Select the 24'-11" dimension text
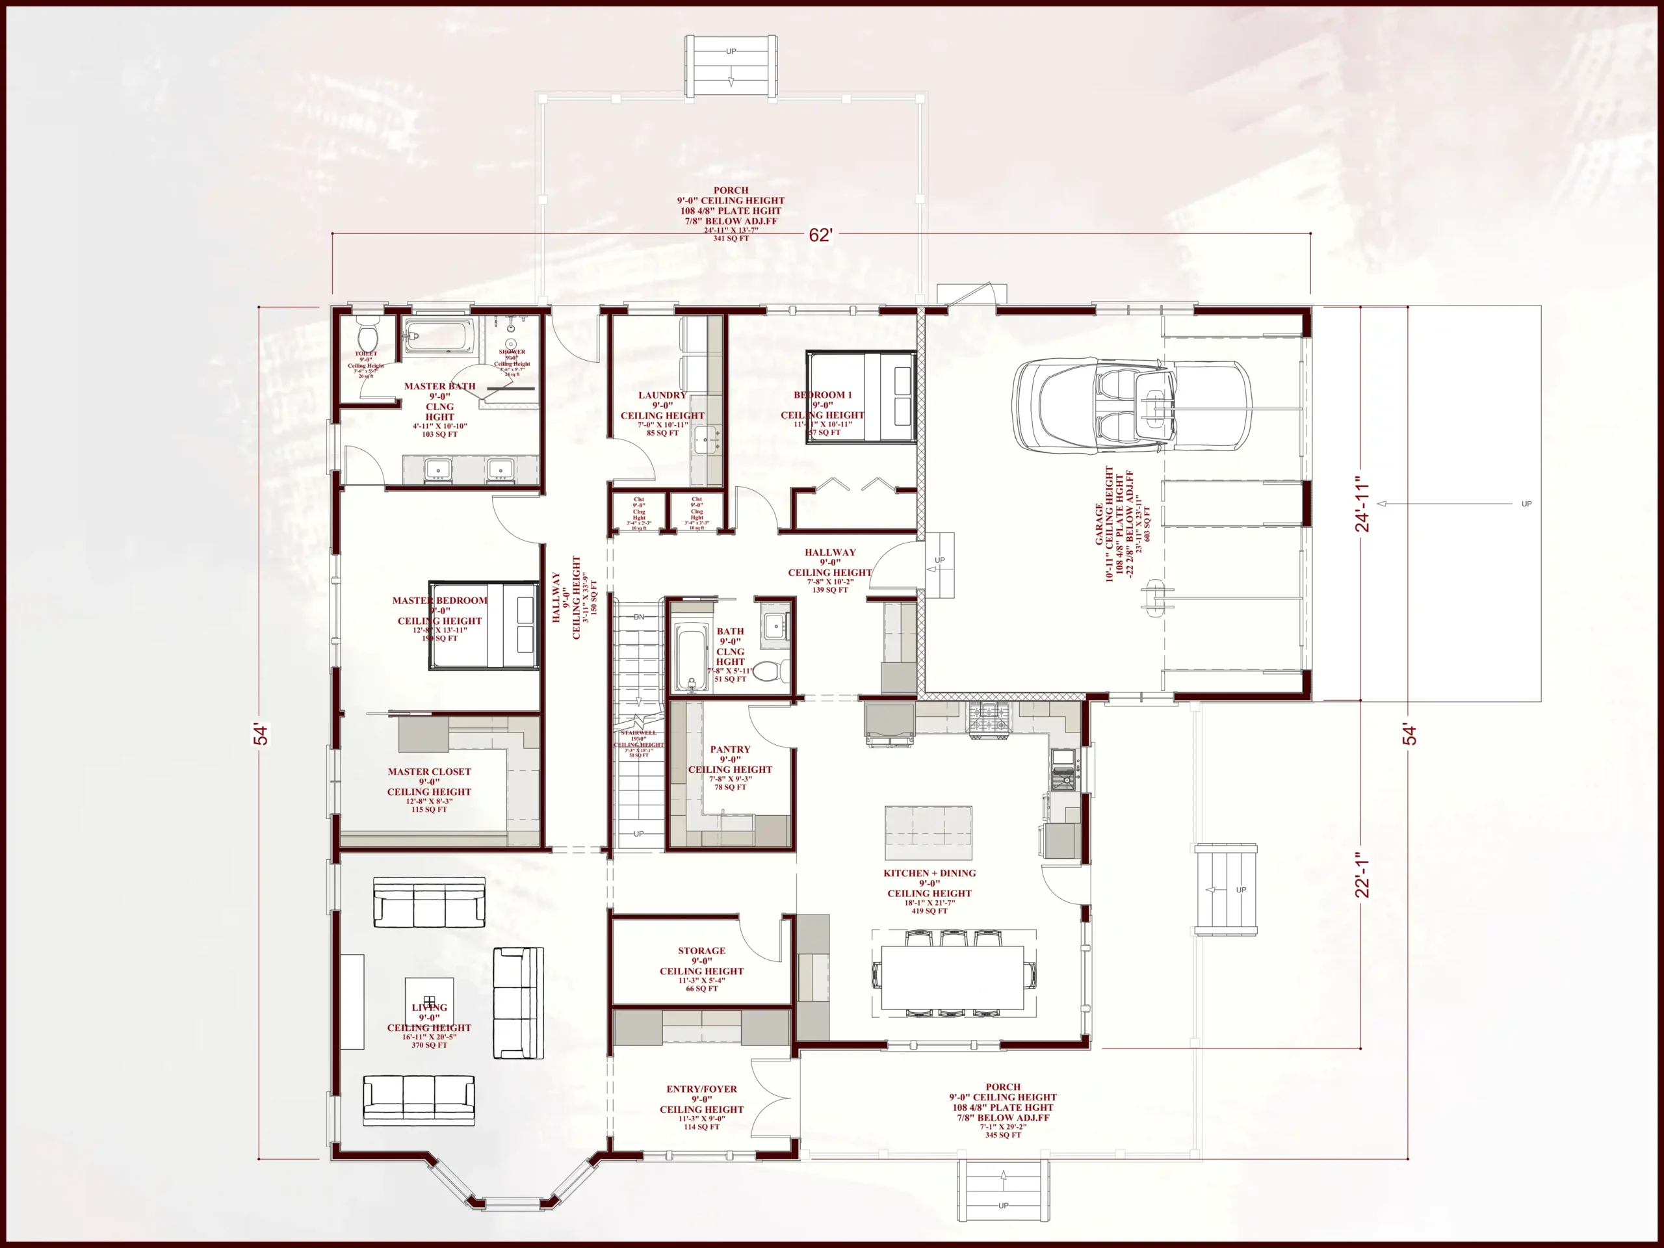pos(1362,503)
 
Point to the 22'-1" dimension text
pos(1362,875)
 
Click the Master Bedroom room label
pos(439,601)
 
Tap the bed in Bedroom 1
pos(861,396)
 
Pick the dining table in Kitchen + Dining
pos(952,977)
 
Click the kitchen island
pos(928,833)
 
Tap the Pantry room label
pos(730,749)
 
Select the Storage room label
pos(701,951)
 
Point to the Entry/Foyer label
pos(701,1089)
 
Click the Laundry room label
pos(662,395)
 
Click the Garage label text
pos(1099,525)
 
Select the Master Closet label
pos(429,772)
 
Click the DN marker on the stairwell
pos(639,617)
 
